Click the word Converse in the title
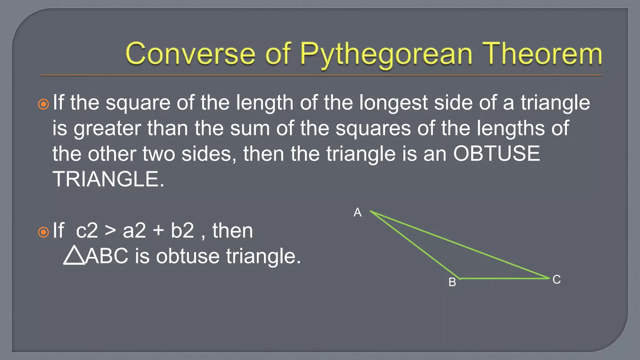point(190,54)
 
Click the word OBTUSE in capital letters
point(497,153)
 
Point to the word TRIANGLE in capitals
point(108,179)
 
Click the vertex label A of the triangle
point(357,212)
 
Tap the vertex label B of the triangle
point(452,282)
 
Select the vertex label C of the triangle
point(557,279)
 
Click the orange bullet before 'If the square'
point(43,104)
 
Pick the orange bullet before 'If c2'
point(43,232)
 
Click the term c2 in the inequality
point(87,231)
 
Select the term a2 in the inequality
point(134,231)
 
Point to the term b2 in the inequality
point(182,231)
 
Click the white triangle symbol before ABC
point(74,255)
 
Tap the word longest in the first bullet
point(393,103)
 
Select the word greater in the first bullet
point(107,128)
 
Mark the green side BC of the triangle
point(504,278)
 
